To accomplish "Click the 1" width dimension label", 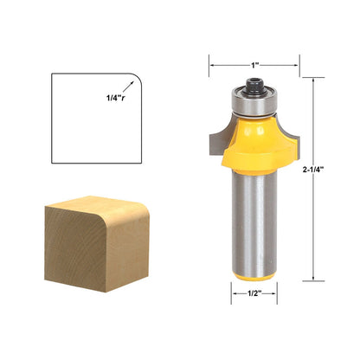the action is (254, 66).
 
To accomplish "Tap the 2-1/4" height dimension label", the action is (313, 170).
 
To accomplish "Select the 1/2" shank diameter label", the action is (254, 293).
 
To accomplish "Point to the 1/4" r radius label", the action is (116, 98).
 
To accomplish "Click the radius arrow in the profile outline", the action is (128, 87).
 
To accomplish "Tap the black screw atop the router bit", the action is (254, 86).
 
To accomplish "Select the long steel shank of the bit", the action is (254, 222).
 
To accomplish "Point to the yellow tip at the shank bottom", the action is (254, 277).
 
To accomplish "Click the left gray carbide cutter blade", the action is (219, 138).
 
